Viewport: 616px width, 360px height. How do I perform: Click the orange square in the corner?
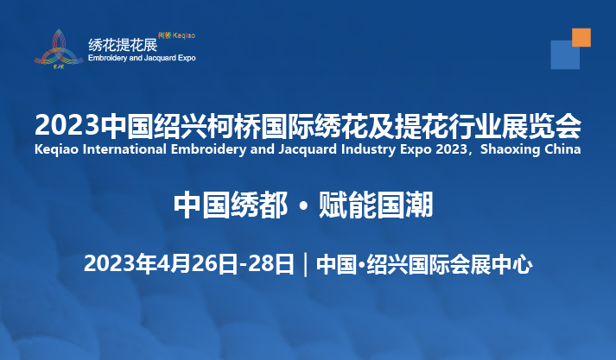(x=581, y=37)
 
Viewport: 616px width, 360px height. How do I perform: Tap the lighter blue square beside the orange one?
(x=565, y=54)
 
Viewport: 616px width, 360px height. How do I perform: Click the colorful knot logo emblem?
(x=59, y=48)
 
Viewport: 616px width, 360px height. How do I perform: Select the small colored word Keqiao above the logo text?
(x=184, y=35)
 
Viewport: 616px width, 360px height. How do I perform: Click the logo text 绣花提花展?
(x=123, y=45)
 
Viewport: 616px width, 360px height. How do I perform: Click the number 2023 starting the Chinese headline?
(x=67, y=126)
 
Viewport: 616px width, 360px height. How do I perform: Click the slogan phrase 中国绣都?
(x=230, y=205)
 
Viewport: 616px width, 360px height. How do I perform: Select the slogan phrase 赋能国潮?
(x=376, y=205)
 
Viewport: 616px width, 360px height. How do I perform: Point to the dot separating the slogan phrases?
(x=303, y=206)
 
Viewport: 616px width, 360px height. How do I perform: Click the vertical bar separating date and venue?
(x=306, y=264)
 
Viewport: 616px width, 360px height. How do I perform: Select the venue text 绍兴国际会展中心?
(x=449, y=264)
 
